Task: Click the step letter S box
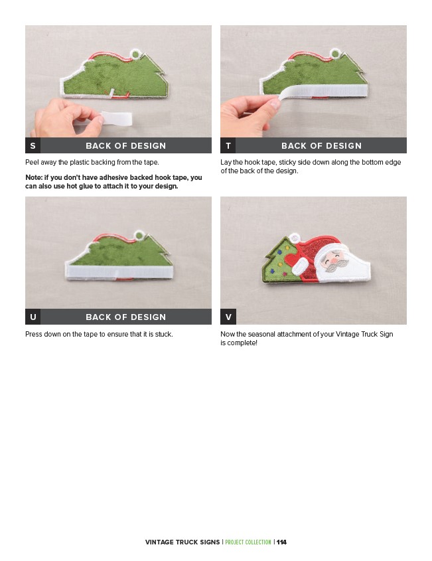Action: point(33,145)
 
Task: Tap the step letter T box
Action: point(228,145)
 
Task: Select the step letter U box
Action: point(33,317)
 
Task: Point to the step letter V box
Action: point(228,317)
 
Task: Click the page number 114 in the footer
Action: point(281,542)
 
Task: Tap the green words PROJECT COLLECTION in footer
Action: point(248,542)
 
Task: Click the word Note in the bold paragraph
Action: point(33,177)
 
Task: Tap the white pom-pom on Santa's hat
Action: point(294,238)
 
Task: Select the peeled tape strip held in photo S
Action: point(116,118)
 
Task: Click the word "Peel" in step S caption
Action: point(32,162)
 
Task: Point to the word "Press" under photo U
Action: point(34,334)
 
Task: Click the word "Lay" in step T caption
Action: point(226,163)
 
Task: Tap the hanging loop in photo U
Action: point(139,236)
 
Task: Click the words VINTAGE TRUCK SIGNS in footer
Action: point(182,542)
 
